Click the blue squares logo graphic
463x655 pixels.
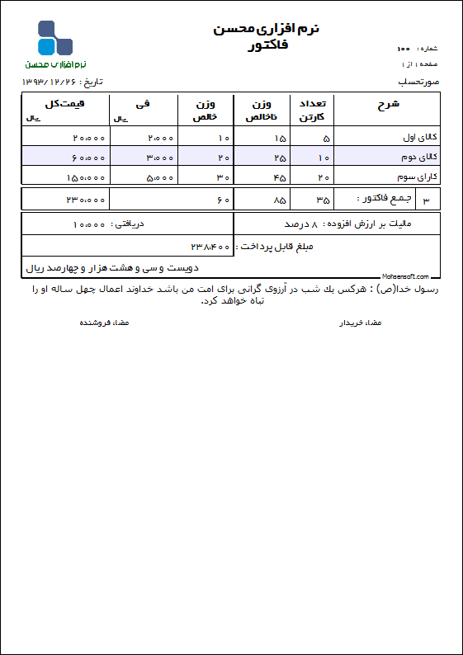[54, 38]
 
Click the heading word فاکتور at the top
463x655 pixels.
[267, 46]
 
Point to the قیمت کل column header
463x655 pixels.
[65, 103]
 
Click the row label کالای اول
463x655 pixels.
[423, 137]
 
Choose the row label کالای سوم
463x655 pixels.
[423, 177]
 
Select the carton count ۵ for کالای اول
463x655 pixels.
[326, 138]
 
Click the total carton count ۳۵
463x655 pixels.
[323, 200]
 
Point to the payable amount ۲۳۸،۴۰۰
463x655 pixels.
[210, 247]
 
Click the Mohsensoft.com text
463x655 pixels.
[405, 276]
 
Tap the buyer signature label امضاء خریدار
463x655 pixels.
[361, 323]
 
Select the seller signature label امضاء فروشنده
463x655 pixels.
[104, 323]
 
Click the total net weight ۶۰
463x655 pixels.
[223, 200]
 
